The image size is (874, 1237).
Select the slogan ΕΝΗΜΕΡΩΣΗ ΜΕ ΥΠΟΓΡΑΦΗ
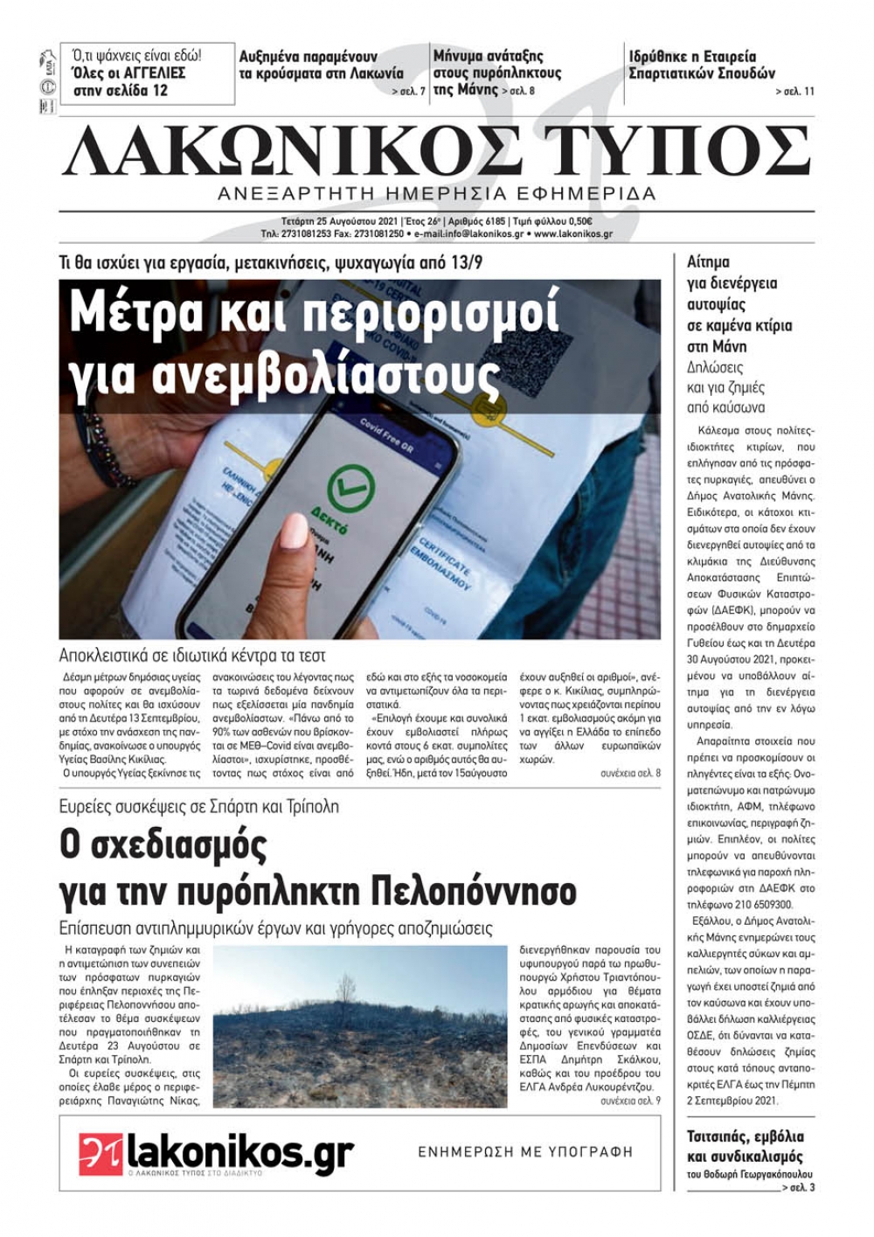pyautogui.click(x=525, y=1152)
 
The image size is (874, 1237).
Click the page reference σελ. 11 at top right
pyautogui.click(x=794, y=91)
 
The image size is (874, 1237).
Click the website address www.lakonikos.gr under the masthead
pyautogui.click(x=573, y=234)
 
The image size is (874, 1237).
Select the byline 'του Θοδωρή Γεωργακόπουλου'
pyautogui.click(x=750, y=1174)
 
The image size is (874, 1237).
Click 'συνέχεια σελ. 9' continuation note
pyautogui.click(x=630, y=1101)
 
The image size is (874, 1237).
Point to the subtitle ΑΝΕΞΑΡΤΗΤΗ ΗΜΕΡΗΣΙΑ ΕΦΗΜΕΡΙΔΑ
pyautogui.click(x=437, y=193)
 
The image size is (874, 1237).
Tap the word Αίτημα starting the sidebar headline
pyautogui.click(x=709, y=262)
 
